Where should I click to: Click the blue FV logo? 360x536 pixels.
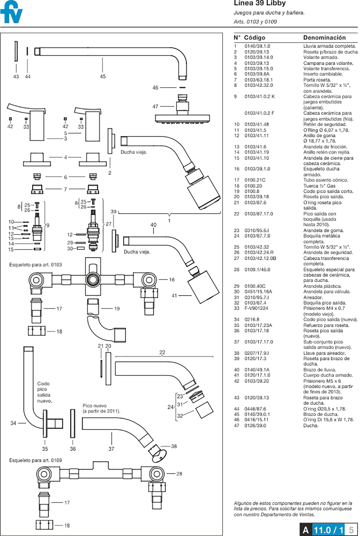coord(11,13)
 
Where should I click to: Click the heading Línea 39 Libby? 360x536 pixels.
coord(260,4)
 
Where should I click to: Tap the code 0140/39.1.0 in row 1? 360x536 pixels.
coord(257,46)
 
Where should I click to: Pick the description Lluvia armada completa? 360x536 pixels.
coord(329,46)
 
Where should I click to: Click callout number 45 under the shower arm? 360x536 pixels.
coord(103,76)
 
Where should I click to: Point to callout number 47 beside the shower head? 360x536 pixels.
coord(155,106)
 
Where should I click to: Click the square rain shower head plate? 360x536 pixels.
coord(182,118)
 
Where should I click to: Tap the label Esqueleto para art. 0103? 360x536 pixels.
coord(35,265)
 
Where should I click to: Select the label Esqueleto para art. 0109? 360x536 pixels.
coord(35,460)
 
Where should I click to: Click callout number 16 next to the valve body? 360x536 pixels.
coord(172,280)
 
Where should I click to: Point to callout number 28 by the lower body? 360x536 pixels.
coord(179,474)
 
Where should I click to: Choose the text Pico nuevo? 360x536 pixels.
coord(95,406)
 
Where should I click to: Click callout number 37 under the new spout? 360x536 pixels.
coord(111,449)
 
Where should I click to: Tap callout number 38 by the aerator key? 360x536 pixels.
coord(174,446)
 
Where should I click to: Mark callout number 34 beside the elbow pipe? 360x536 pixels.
coord(13,423)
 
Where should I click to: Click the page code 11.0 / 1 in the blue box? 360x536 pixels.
coord(329,530)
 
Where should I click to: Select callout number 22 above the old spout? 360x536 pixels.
coord(162,352)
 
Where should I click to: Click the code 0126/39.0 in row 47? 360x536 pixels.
coord(255,426)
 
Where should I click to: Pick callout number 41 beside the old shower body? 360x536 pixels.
coord(174,296)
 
